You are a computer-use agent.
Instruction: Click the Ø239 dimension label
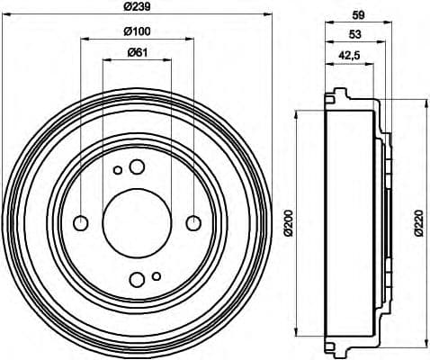click(136, 10)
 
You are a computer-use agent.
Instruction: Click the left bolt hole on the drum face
click(80, 222)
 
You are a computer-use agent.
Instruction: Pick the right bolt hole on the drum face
click(193, 222)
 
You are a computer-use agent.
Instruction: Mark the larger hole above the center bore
click(137, 166)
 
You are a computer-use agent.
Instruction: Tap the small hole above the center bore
click(117, 169)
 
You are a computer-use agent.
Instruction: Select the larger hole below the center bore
click(136, 278)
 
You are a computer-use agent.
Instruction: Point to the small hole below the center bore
click(156, 275)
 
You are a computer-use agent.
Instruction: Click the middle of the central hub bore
click(136, 222)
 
